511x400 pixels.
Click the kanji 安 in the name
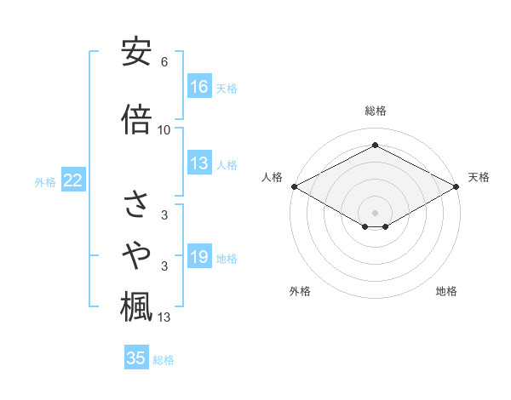136,54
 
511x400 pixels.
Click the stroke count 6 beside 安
164,62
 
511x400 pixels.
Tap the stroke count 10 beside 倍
164,129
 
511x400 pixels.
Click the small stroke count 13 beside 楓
164,317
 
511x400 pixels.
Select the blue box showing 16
199,87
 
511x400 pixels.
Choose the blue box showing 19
199,258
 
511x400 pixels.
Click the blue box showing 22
73,180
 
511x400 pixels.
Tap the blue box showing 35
136,358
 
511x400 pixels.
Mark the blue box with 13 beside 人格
199,163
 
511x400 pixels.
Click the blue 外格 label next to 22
45,181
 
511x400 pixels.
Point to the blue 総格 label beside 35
164,359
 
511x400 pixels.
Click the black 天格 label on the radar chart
479,177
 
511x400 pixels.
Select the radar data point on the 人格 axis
294,186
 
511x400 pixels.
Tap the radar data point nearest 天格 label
457,186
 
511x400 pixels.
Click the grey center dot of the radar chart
375,211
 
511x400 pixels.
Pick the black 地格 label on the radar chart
446,291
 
